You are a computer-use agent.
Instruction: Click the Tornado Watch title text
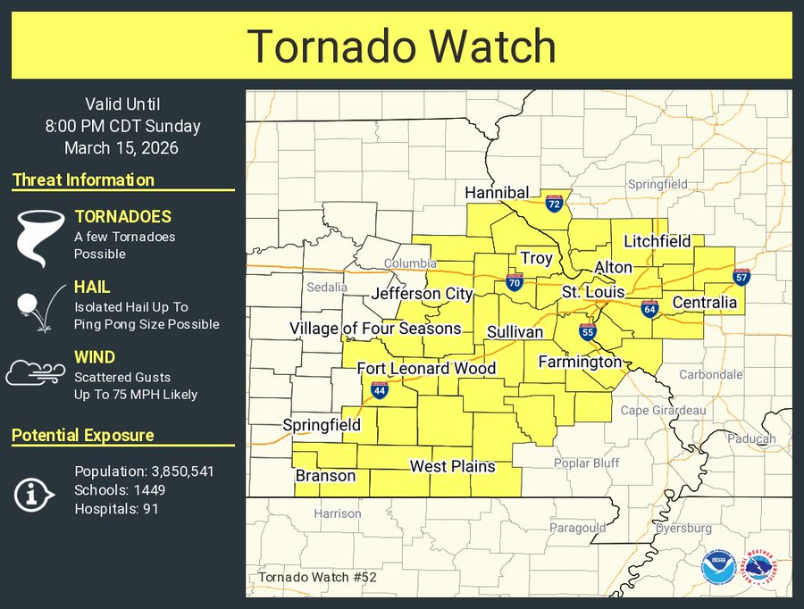click(x=401, y=46)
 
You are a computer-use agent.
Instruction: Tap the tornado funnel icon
click(x=38, y=236)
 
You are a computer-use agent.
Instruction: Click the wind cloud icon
click(x=37, y=371)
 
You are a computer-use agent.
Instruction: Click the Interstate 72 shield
click(x=554, y=204)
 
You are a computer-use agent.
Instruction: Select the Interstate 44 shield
click(x=379, y=390)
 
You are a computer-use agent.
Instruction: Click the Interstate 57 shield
click(x=741, y=277)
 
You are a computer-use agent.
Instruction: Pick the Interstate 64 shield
click(x=649, y=309)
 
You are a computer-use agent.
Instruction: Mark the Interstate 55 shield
click(x=587, y=332)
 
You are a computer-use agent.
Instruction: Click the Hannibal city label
click(x=497, y=193)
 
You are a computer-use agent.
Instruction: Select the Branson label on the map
click(x=325, y=476)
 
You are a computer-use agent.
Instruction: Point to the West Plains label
click(x=452, y=466)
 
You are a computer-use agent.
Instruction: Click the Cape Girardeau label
click(x=663, y=411)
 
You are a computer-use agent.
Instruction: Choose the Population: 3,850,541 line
click(x=144, y=471)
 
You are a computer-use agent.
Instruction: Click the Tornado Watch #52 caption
click(x=318, y=578)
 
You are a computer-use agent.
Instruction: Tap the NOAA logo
click(x=716, y=566)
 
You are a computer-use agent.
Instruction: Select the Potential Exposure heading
click(x=83, y=436)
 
